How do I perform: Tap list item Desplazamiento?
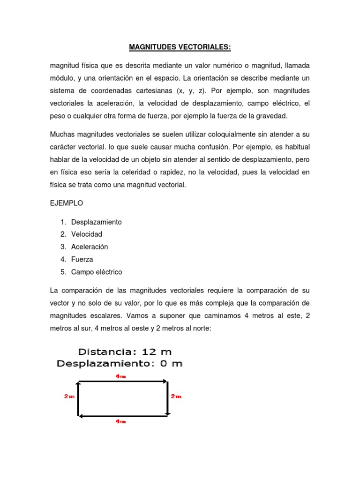point(96,222)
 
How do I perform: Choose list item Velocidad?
point(86,234)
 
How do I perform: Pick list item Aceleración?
point(90,247)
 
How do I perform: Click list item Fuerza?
point(82,259)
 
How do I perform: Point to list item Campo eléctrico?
point(96,272)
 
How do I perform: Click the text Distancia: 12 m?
point(125,352)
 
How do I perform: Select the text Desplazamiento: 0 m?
point(120,363)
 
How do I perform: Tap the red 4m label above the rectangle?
point(121,376)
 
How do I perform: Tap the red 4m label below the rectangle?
point(121,421)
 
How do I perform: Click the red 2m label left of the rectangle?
point(69,397)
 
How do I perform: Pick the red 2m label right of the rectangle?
point(176,397)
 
